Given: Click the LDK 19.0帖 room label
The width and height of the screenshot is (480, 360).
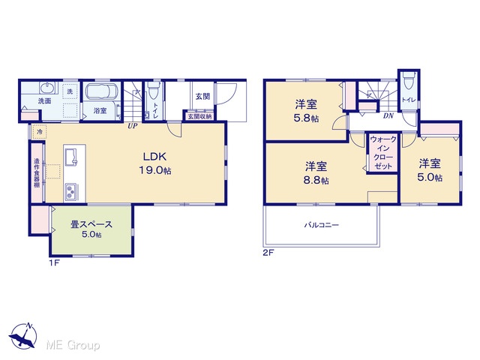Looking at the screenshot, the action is point(155,163).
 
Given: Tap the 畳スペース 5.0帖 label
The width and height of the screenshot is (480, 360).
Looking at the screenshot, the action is point(91,229).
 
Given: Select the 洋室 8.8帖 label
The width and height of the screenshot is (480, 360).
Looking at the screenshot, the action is point(316,173).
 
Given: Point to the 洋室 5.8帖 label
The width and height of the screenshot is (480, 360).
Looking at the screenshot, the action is point(306,111).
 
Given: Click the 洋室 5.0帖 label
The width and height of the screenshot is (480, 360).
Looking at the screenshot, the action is point(430,170).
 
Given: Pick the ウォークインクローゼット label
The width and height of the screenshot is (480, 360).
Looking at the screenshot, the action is point(383,153).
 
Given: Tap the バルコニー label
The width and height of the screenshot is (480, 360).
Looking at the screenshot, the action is point(322,225).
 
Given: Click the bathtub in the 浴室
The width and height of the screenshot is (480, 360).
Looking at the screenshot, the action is point(102,92).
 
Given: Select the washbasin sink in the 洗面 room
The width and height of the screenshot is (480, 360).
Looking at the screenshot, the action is point(47,88).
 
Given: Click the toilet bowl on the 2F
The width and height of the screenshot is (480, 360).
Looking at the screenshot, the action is point(409,79).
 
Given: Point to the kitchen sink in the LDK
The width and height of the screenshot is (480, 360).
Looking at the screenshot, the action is point(71,157).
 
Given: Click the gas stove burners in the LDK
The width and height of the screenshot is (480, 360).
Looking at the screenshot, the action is point(71,191).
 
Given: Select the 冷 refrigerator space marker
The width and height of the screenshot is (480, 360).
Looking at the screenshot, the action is point(40,132).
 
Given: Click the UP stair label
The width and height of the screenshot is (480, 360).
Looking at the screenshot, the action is point(133,126).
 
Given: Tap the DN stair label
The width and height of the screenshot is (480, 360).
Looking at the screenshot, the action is point(388,116).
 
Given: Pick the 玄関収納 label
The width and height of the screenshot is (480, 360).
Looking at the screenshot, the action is point(199,116).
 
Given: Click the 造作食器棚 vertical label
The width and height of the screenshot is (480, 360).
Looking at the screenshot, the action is point(37,173).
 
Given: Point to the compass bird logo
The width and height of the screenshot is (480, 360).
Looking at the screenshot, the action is point(23,336).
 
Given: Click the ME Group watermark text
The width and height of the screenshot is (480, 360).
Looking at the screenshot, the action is point(73,345).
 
